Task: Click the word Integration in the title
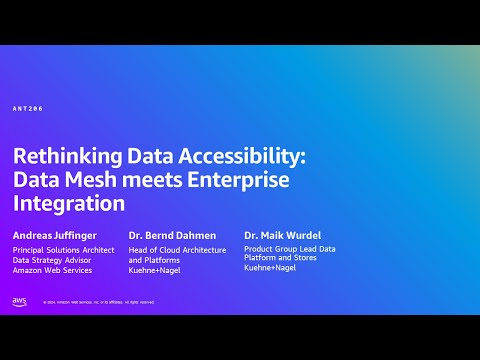coord(69,204)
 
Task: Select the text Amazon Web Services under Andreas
coord(52,270)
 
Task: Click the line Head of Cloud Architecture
coord(177,250)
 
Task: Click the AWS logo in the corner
coord(20,301)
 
